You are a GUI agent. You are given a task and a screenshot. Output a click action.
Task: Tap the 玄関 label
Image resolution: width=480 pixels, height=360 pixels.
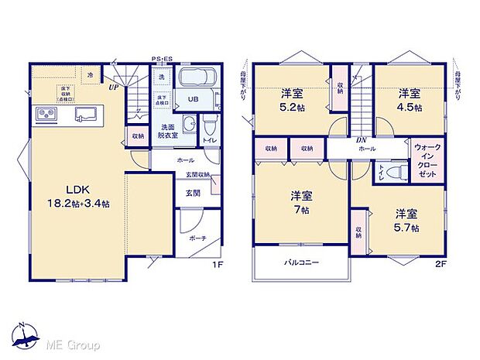(192, 193)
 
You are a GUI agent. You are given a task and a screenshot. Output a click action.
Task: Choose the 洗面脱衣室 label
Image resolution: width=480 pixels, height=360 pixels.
(170, 131)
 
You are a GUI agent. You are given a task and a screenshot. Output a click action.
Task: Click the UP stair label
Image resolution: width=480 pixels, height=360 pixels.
(114, 87)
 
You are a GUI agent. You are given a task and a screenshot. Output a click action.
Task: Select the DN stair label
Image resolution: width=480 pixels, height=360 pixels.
(361, 140)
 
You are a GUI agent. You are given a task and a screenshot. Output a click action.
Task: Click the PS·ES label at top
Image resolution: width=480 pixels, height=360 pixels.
(162, 59)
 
